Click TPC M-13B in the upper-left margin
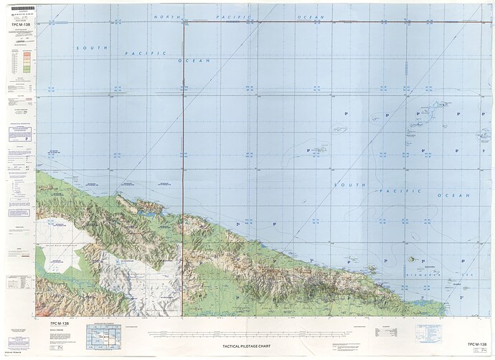(x=19, y=32)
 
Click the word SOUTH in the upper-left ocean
(x=92, y=48)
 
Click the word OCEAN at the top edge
(x=311, y=16)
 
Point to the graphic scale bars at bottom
(x=251, y=333)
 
